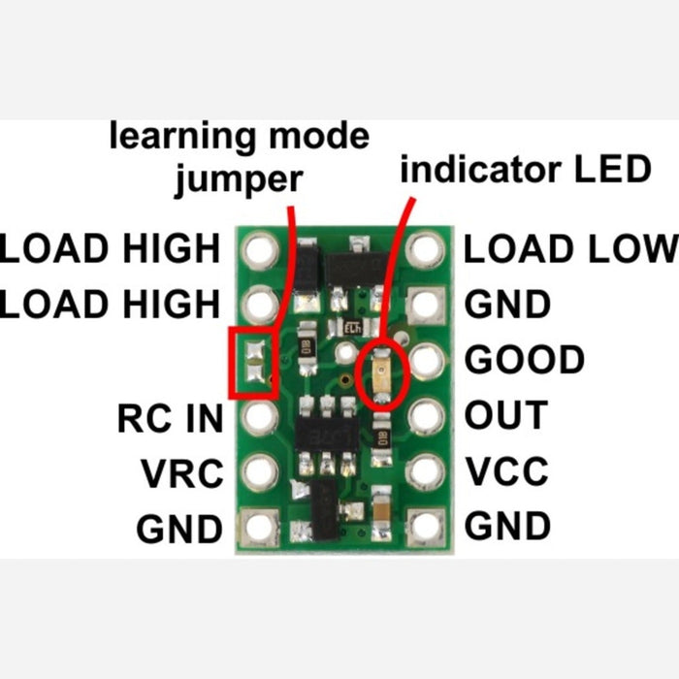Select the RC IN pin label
170,418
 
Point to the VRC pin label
181,474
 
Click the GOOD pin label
525,360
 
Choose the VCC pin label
506,471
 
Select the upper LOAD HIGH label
111,248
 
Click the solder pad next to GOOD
425,361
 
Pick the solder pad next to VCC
425,472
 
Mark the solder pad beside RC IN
258,418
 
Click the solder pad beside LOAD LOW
425,250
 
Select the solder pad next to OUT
425,417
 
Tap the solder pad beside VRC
258,473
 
